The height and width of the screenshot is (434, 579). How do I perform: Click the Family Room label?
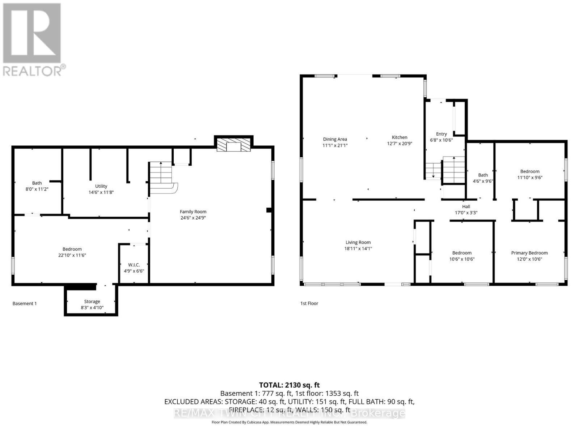tap(193, 212)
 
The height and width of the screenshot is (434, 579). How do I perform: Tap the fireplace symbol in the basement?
tap(233, 145)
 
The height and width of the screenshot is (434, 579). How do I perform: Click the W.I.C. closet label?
tap(134, 265)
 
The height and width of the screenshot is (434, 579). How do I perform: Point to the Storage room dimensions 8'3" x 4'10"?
tap(92, 308)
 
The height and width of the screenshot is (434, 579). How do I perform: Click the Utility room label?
tap(101, 186)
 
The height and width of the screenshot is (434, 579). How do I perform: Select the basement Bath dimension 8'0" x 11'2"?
tap(37, 189)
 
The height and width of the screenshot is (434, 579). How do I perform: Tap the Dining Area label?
tap(335, 139)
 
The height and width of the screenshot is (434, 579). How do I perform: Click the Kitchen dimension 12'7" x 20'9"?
tap(400, 144)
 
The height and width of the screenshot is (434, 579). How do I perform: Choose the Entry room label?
tap(441, 134)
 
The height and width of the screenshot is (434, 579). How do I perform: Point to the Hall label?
tap(466, 207)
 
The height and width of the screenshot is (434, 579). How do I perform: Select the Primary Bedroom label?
tap(529, 253)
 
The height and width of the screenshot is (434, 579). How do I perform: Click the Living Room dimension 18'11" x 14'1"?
tap(358, 249)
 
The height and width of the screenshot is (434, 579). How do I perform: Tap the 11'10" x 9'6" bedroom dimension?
tap(530, 178)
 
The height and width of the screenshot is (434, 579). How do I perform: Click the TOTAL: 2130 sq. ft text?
tap(289, 385)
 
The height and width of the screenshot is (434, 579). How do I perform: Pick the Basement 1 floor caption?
tap(25, 304)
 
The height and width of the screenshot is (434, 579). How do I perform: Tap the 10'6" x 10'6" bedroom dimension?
tap(462, 259)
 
